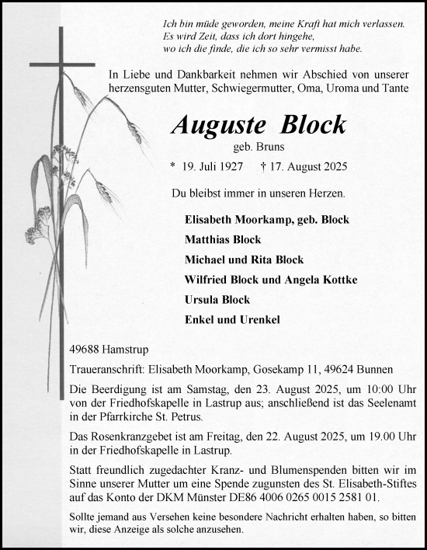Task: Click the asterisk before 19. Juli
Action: click(x=173, y=167)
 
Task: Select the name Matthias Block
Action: click(x=223, y=239)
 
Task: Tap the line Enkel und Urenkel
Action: click(x=221, y=320)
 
